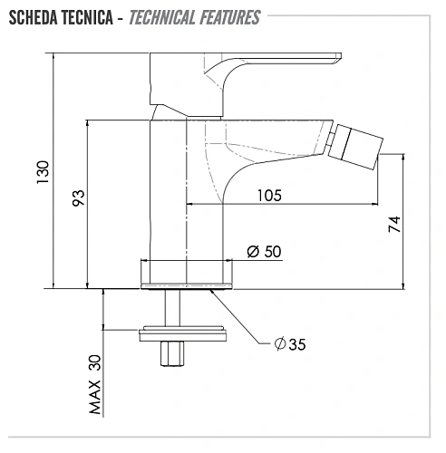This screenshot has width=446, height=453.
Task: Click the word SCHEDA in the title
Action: coord(34,17)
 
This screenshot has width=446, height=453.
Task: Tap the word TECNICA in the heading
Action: coord(87,17)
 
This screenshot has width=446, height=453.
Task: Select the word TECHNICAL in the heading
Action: coord(162,17)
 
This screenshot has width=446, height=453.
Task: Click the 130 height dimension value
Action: coord(43,172)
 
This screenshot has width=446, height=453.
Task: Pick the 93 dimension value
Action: coord(79,198)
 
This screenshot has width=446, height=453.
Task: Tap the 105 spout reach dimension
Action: coord(269,196)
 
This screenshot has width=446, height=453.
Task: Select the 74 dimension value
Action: coord(394,224)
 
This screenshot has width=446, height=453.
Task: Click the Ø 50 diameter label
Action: coord(264,251)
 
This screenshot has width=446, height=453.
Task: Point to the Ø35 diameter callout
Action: coord(290,344)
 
